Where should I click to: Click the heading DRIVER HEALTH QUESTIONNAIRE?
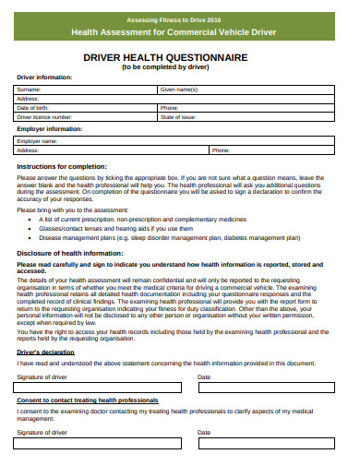pyautogui.click(x=179, y=58)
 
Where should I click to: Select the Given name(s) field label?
pyautogui.click(x=179, y=90)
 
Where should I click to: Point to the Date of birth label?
pyautogui.click(x=32, y=108)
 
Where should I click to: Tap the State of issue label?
pyautogui.click(x=177, y=117)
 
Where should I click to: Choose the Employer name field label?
pyautogui.click(x=36, y=141)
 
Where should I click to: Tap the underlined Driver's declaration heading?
pyautogui.click(x=45, y=352)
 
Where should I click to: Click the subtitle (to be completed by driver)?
pyautogui.click(x=179, y=67)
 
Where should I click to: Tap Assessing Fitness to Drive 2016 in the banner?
pyautogui.click(x=180, y=18)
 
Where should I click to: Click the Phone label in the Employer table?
pyautogui.click(x=221, y=149)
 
